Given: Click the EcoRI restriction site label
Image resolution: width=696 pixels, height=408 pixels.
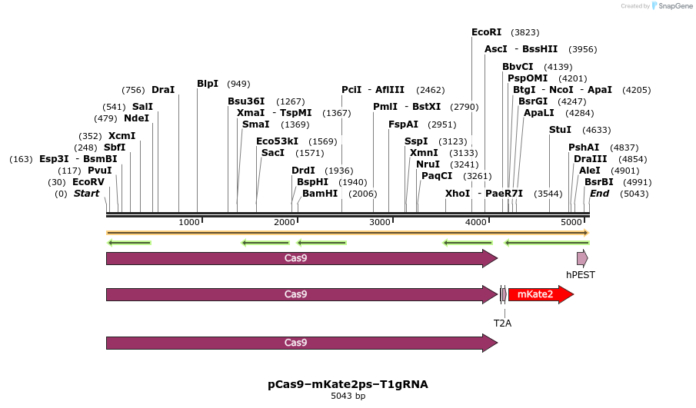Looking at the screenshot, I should (x=486, y=32).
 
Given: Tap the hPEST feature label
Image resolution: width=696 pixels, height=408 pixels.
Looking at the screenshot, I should (x=581, y=274).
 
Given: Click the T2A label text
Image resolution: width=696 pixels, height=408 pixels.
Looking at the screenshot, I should (x=502, y=323).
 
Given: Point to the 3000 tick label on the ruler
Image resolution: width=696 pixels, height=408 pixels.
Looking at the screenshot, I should (x=380, y=222).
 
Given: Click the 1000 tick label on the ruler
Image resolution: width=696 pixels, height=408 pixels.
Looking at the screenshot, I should (x=188, y=222).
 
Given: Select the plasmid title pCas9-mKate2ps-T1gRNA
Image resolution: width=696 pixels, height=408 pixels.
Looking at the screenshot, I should (x=348, y=383).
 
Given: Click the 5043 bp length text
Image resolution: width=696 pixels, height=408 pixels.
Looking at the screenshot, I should (x=348, y=396).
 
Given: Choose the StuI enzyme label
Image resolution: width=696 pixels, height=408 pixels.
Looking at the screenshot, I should (x=560, y=130).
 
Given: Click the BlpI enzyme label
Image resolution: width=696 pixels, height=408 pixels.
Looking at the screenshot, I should (x=208, y=84).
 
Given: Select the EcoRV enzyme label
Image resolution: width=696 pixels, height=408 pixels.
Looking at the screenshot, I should (x=88, y=182).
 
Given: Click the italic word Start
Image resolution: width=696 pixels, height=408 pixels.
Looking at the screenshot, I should (x=87, y=194).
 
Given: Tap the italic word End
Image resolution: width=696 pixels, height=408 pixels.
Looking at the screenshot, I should (x=599, y=194).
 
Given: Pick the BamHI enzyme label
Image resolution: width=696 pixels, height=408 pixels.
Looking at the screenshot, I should (x=320, y=194).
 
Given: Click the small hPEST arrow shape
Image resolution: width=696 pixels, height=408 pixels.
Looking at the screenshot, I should (x=582, y=258).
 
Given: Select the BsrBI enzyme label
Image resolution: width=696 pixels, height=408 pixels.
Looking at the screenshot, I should (x=598, y=182).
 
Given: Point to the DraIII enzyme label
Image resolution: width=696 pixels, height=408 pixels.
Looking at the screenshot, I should (x=590, y=158).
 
